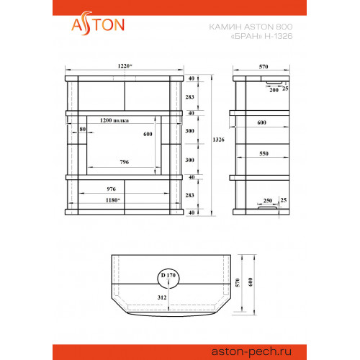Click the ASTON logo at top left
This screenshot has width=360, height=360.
pos(98,24)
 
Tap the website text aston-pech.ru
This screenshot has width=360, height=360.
pos(251,352)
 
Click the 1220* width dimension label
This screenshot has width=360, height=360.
pos(125,66)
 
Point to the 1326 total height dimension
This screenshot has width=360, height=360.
pos(218,140)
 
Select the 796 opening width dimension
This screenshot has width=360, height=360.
pos(125,162)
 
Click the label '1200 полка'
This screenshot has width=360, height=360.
pos(114,120)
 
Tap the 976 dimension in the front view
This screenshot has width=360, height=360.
pos(111,189)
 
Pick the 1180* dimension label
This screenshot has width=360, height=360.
pos(112,200)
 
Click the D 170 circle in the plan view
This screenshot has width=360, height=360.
pos(168,279)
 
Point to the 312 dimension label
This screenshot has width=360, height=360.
pos(162,297)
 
